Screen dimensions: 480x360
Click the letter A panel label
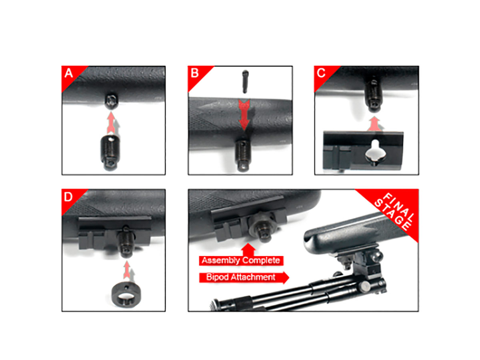click(x=68, y=73)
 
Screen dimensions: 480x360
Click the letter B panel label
click(x=195, y=73)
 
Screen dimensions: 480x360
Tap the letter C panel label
click(x=321, y=73)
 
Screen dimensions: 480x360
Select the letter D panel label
click(x=68, y=197)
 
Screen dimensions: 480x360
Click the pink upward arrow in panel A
click(x=111, y=123)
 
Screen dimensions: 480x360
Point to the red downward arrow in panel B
click(x=244, y=116)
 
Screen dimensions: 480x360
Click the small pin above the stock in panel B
click(x=245, y=81)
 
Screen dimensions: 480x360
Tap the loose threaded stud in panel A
click(x=110, y=152)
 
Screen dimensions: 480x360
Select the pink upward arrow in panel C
click(x=374, y=124)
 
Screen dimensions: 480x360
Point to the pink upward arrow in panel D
click(x=127, y=270)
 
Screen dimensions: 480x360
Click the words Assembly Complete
click(x=241, y=260)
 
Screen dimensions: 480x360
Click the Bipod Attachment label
click(x=240, y=277)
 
